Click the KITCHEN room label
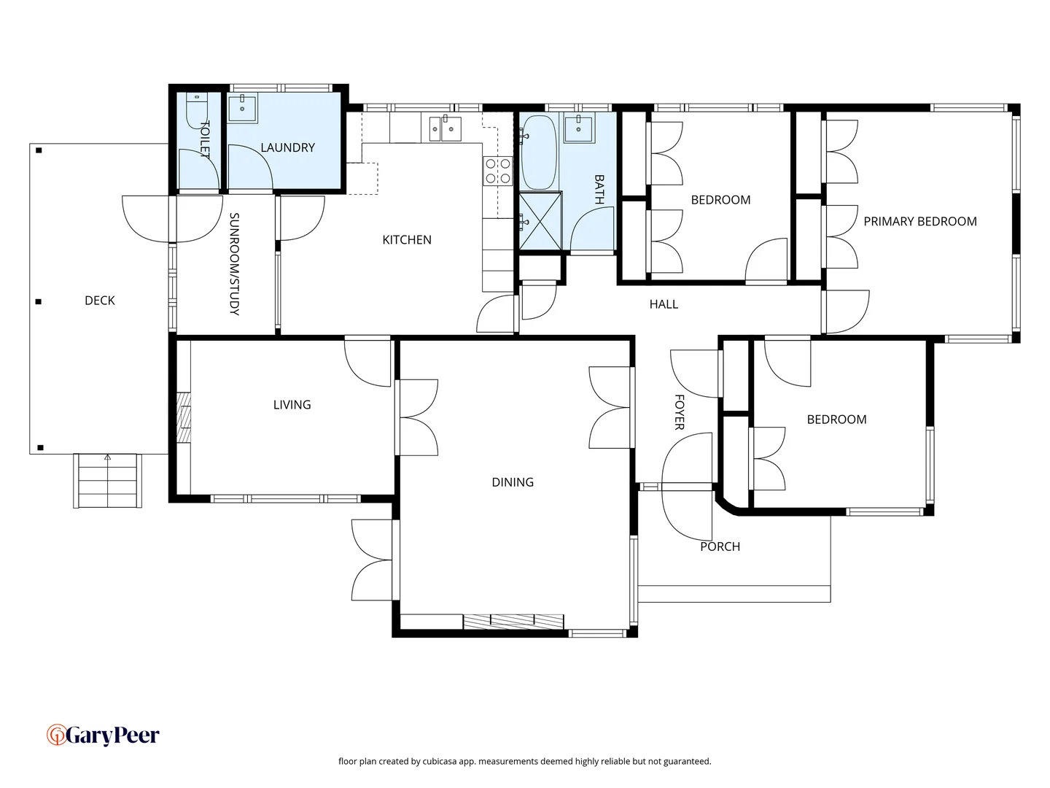tap(407, 240)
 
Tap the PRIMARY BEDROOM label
tap(919, 222)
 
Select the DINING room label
tap(513, 482)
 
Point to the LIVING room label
tap(292, 405)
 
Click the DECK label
tap(100, 301)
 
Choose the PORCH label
tap(720, 546)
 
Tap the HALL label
tap(664, 304)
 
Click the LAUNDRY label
tap(287, 148)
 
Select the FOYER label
tap(679, 412)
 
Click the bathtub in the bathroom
tap(539, 152)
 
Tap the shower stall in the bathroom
tap(540, 221)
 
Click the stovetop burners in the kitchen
tap(498, 171)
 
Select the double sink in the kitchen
tap(443, 129)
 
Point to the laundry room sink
tap(242, 109)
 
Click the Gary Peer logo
tap(103, 735)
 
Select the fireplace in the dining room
tap(513, 621)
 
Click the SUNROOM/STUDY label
tap(234, 264)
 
